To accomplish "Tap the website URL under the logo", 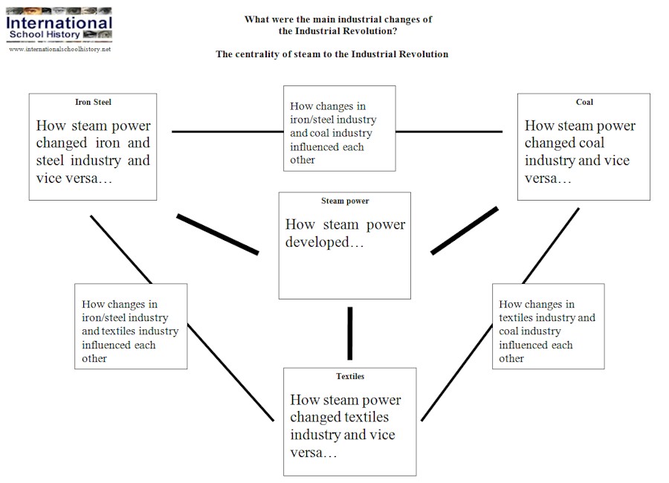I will pyautogui.click(x=59, y=49).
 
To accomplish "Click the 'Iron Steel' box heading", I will pyautogui.click(x=93, y=102).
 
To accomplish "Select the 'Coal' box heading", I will pyautogui.click(x=584, y=102).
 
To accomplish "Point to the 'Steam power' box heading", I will pyautogui.click(x=345, y=201).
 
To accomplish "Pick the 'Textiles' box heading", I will pyautogui.click(x=350, y=376).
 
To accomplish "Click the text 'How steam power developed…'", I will pyautogui.click(x=345, y=233).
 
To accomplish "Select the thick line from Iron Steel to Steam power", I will pyautogui.click(x=217, y=234).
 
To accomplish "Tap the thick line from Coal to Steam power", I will pyautogui.click(x=464, y=230).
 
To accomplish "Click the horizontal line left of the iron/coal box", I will pyautogui.click(x=227, y=132).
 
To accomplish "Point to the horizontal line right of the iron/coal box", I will pyautogui.click(x=449, y=132).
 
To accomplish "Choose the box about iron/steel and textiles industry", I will pyautogui.click(x=130, y=325).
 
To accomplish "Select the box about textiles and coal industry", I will pyautogui.click(x=548, y=325).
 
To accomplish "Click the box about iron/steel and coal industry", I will pyautogui.click(x=339, y=128).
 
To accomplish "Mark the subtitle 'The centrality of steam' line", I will pyautogui.click(x=332, y=54).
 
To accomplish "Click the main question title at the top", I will pyautogui.click(x=338, y=25).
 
